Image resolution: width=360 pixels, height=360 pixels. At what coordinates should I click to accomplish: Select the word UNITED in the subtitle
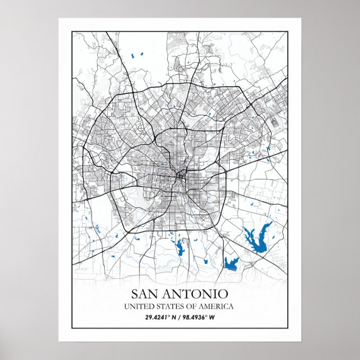(138, 306)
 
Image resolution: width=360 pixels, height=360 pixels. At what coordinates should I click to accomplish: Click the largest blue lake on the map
(257, 237)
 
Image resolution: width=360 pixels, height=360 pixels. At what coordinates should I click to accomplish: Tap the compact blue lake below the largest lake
(231, 263)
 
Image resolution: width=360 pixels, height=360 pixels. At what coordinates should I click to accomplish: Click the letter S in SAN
(135, 293)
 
